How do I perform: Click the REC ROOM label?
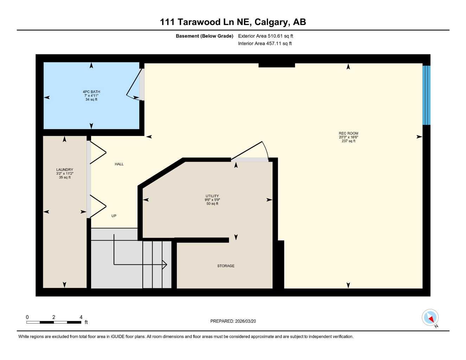tap(348, 133)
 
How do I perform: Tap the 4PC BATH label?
tap(91, 92)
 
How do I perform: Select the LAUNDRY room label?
tap(65, 169)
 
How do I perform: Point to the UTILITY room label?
tap(212, 196)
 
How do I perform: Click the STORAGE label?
tap(225, 266)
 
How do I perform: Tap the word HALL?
tap(119, 164)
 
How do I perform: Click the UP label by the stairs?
tap(114, 216)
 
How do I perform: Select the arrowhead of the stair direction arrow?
tap(165, 264)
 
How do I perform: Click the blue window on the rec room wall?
tap(426, 95)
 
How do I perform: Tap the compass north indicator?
tap(430, 318)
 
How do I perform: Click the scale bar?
tap(54, 322)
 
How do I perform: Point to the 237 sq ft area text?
tap(348, 141)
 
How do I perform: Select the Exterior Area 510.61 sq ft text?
tap(266, 36)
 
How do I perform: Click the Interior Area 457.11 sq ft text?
tap(265, 44)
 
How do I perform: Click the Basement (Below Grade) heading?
tap(204, 36)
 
